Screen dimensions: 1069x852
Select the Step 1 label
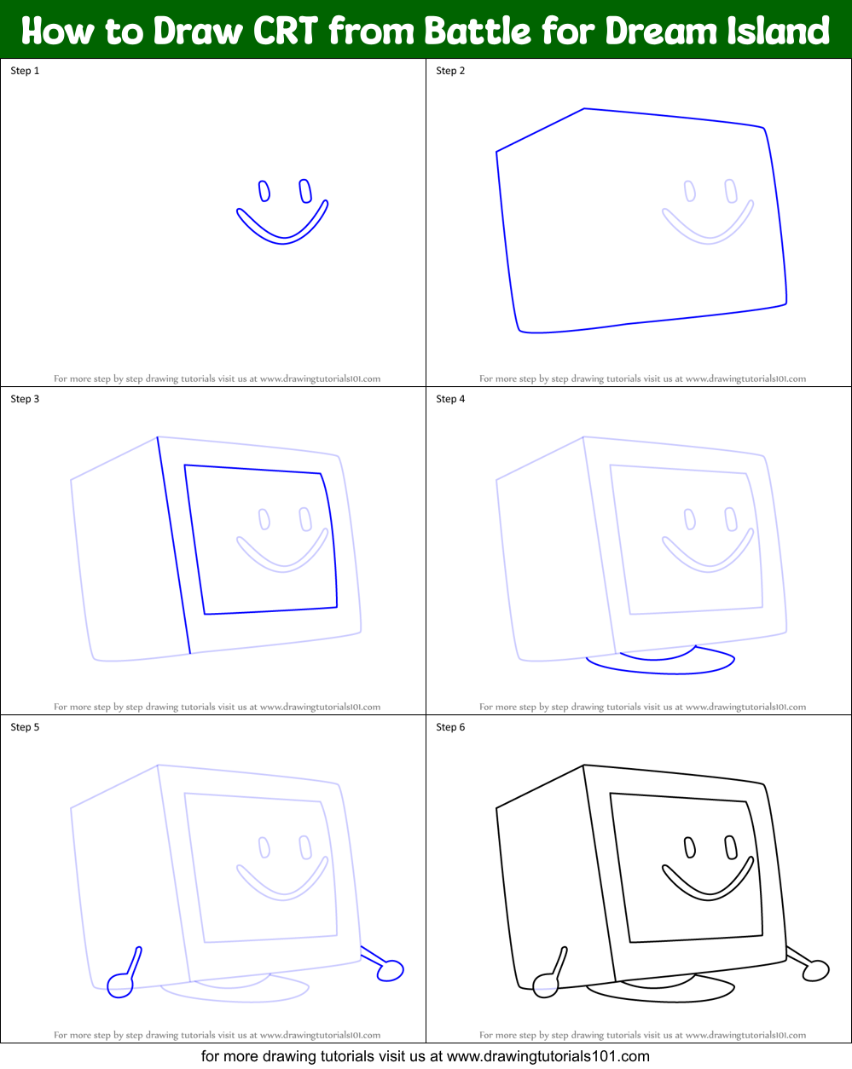25,71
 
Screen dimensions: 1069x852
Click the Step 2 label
450,71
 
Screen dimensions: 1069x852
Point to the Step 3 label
25,399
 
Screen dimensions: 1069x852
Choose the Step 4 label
450,399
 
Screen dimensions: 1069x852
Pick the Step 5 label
25,727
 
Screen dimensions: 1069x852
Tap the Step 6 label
450,727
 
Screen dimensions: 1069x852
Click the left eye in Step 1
264,190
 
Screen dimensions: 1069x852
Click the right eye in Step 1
305,191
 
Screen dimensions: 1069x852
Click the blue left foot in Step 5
120,986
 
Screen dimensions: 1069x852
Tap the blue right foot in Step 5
391,969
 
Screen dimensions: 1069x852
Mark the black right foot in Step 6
817,969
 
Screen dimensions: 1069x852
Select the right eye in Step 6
731,847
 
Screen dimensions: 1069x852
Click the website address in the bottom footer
548,1056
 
